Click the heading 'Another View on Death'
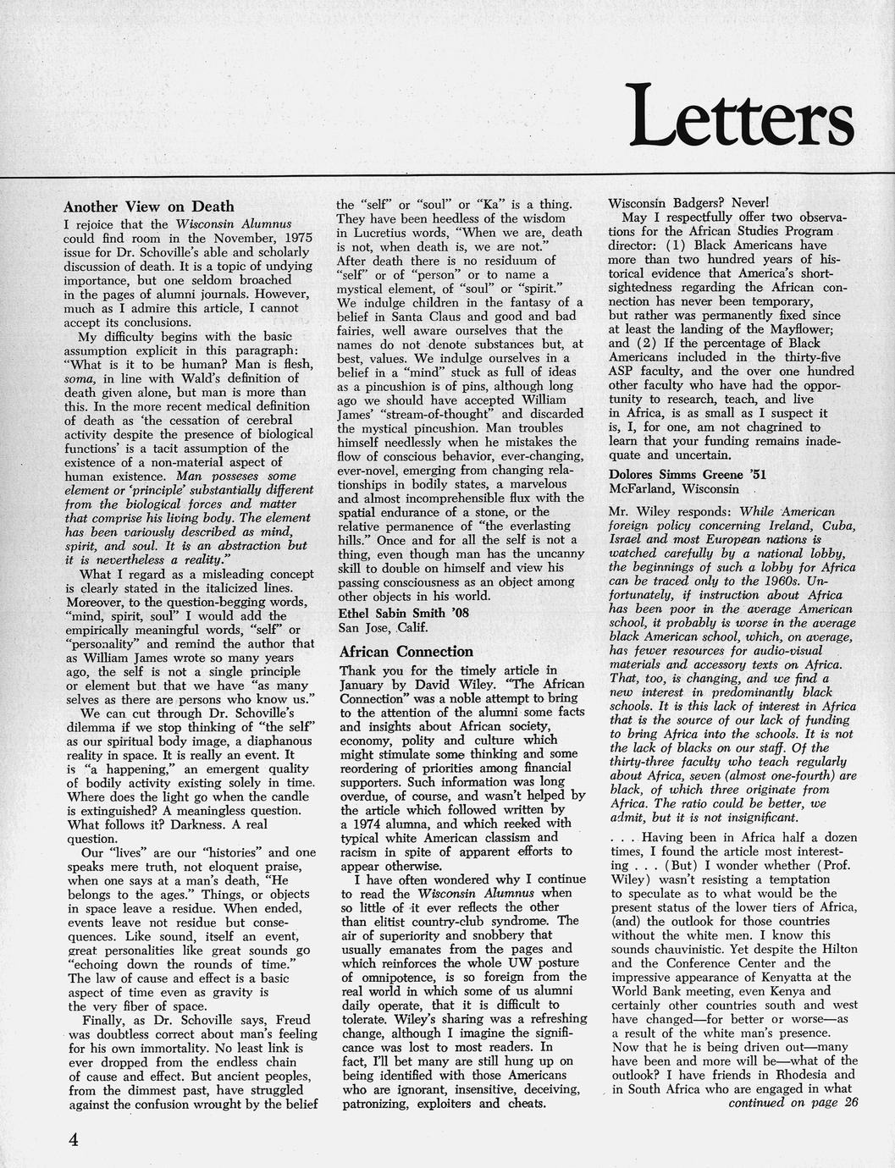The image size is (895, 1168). pyautogui.click(x=149, y=207)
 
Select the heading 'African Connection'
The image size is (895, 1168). pyautogui.click(x=406, y=652)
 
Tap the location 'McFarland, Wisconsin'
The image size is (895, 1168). pyautogui.click(x=673, y=489)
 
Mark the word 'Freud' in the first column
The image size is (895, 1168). pyautogui.click(x=292, y=1021)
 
